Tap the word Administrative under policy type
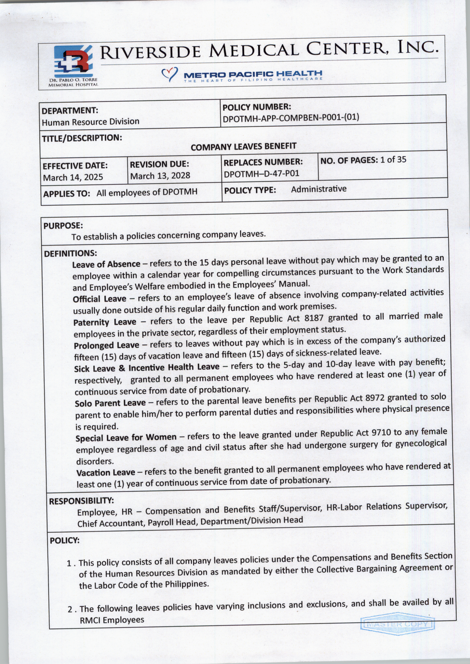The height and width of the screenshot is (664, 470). coord(319,189)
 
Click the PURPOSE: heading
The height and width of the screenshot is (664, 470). coord(63,225)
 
